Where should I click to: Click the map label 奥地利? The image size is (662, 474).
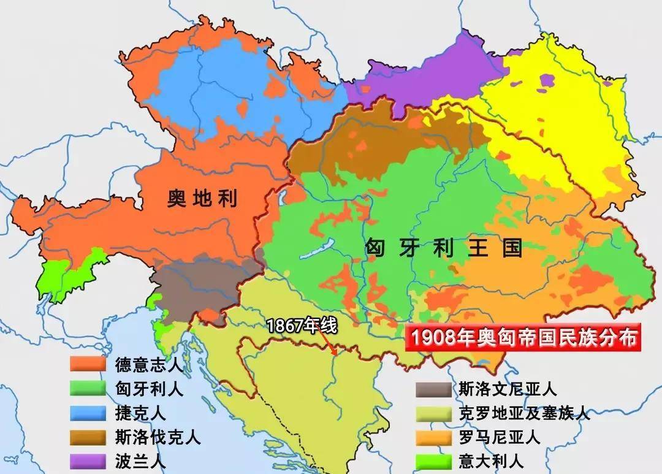click(202, 198)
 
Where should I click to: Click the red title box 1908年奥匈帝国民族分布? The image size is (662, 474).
click(525, 338)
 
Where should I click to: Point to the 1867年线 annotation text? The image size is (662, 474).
click(302, 326)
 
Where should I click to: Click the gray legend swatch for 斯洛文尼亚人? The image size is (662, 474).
click(433, 388)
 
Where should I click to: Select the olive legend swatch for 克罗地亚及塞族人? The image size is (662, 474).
click(433, 413)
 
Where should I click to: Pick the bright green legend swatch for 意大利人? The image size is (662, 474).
click(433, 461)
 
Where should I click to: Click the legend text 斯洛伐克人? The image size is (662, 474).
click(158, 437)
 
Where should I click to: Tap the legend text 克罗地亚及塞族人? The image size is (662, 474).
click(524, 413)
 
